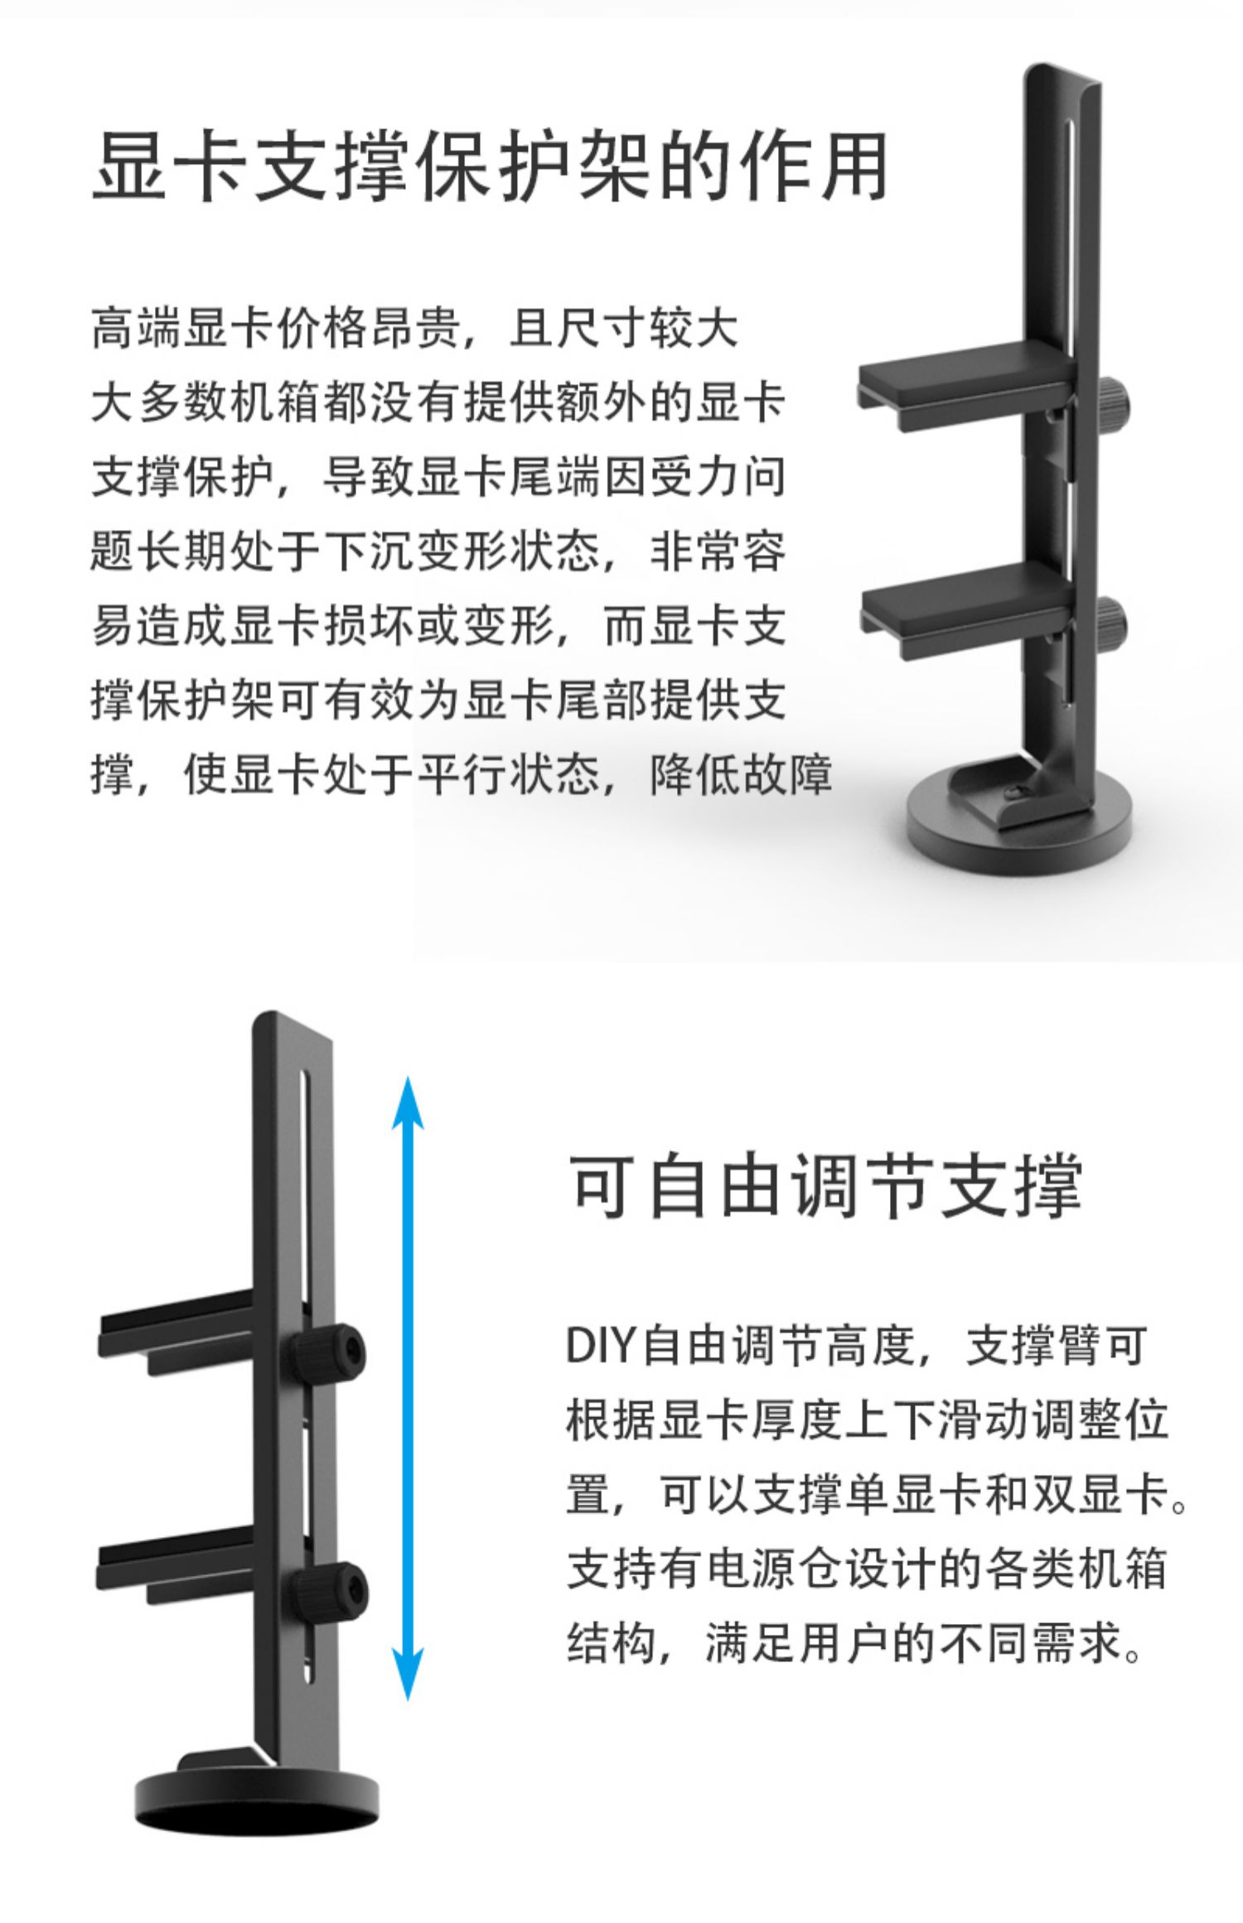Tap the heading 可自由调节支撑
pos(826,1185)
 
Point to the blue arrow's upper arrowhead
pos(407,1102)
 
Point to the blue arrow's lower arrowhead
pos(407,1673)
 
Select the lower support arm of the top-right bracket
pos(965,602)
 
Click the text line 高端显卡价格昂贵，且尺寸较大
pos(414,329)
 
